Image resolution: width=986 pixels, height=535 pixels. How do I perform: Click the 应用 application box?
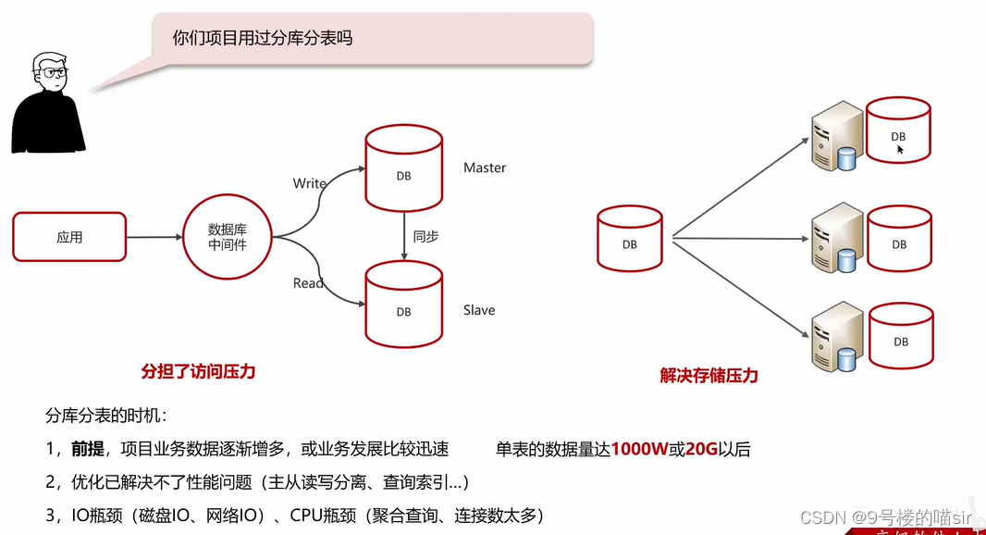click(69, 237)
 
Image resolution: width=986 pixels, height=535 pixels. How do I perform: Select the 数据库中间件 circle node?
click(228, 237)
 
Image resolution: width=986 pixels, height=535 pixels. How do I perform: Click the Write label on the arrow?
click(309, 183)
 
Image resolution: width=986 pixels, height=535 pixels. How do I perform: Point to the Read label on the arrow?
click(308, 283)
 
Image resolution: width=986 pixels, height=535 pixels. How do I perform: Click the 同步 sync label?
click(425, 237)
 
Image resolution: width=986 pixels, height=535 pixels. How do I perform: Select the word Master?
click(485, 168)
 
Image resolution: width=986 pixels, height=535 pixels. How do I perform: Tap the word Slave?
click(479, 310)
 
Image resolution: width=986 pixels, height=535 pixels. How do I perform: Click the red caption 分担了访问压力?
click(198, 372)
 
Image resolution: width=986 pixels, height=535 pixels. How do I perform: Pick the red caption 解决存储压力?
click(709, 376)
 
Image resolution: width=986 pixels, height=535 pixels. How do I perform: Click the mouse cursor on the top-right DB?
click(900, 149)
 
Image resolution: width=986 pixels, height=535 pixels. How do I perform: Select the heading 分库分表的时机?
click(106, 417)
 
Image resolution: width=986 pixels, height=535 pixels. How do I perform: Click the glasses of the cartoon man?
click(50, 71)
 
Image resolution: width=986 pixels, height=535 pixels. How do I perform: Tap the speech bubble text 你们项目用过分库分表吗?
click(263, 39)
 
